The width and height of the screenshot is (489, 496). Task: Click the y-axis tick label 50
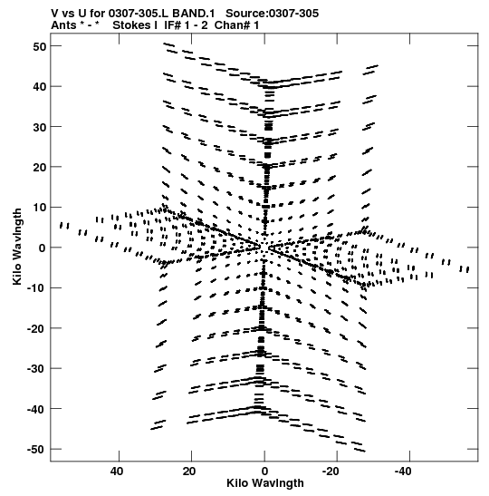(40, 46)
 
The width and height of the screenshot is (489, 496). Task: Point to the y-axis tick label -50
(36, 450)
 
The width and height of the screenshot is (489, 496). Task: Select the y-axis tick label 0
(43, 248)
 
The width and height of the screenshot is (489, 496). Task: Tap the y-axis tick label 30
(40, 127)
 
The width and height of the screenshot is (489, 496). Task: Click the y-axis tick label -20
(36, 328)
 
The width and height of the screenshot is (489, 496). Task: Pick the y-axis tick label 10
(40, 208)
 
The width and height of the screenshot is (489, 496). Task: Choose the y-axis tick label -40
(36, 409)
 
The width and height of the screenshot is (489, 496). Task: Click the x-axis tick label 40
(117, 472)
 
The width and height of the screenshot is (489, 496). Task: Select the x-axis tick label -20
(331, 472)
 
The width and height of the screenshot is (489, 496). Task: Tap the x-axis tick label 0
(264, 472)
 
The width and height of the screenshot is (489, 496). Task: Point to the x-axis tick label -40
(403, 472)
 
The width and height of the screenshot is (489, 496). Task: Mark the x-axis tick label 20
(189, 472)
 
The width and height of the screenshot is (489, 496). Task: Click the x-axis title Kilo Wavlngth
(265, 483)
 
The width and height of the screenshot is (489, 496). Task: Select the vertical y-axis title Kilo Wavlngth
(17, 247)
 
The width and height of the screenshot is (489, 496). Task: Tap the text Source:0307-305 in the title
(273, 14)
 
